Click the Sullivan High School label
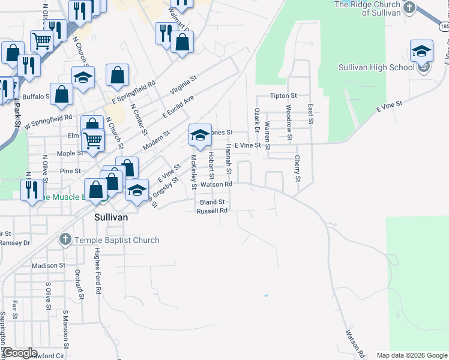tap(376, 67)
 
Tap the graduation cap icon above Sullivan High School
tap(422, 50)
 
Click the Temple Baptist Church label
tap(116, 240)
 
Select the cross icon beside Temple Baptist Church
tap(65, 240)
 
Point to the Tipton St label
tap(283, 95)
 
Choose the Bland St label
tap(212, 202)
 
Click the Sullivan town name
tap(111, 217)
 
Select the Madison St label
tap(49, 265)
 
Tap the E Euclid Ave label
tap(178, 107)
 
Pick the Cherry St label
tap(297, 169)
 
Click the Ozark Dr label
tap(257, 120)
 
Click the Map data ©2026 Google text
tap(412, 355)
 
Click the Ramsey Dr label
tap(15, 242)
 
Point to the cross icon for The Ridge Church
tap(409, 8)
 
